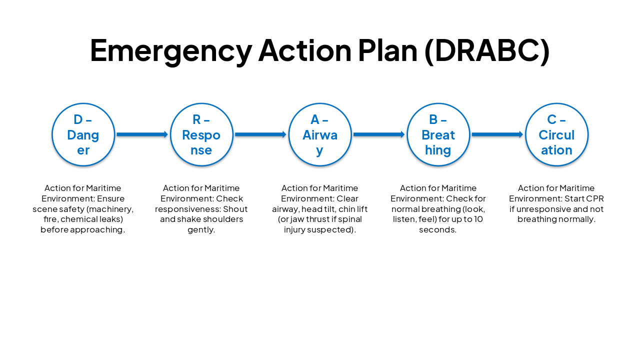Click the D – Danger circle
(x=83, y=134)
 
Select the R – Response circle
(x=201, y=134)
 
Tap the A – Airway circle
(x=320, y=134)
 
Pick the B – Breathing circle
(x=438, y=134)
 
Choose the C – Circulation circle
(x=556, y=134)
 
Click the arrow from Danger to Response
(x=142, y=134)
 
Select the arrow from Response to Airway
(x=260, y=134)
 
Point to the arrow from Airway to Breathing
(x=379, y=134)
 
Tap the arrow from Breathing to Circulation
(x=497, y=134)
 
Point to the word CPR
(x=594, y=198)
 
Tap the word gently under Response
(x=201, y=230)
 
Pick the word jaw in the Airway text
(x=293, y=219)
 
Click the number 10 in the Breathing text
(x=478, y=219)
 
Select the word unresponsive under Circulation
(x=541, y=209)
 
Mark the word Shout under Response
(x=235, y=209)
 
